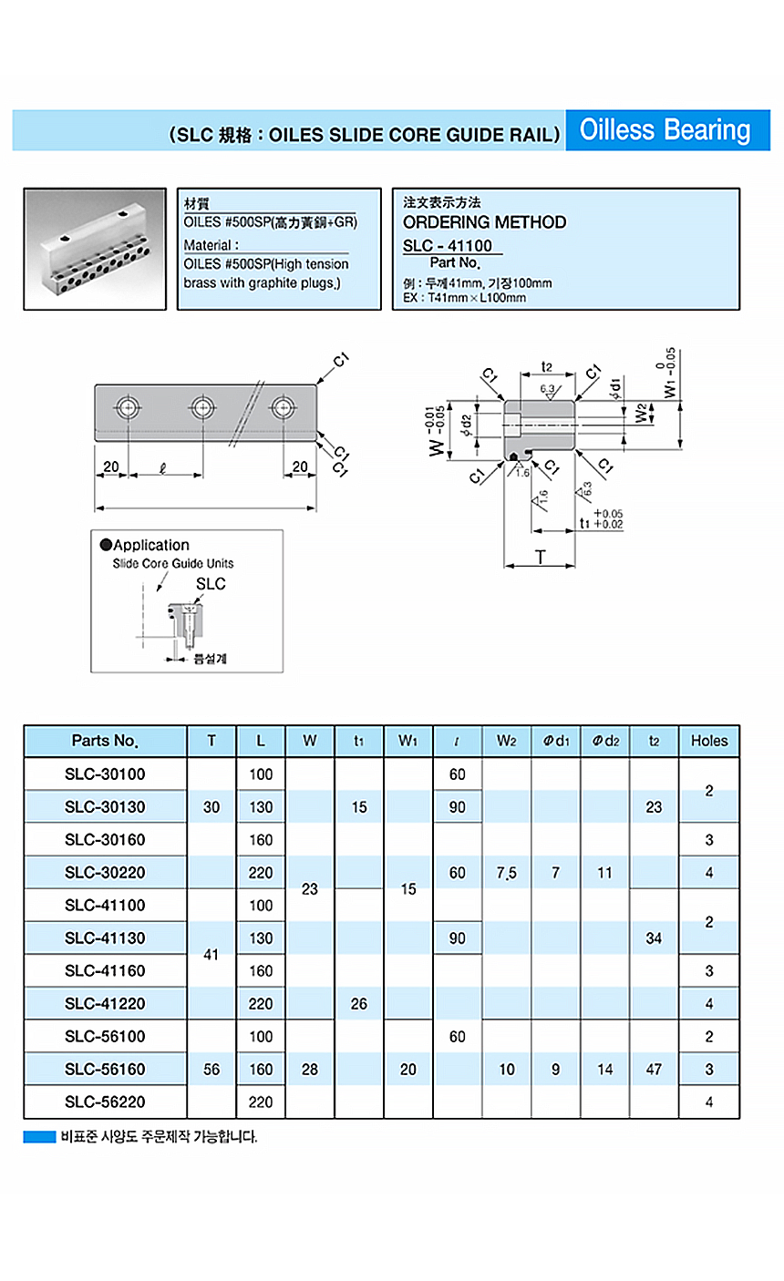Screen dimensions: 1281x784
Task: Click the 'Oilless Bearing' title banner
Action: click(665, 131)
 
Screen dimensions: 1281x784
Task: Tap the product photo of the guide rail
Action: click(95, 249)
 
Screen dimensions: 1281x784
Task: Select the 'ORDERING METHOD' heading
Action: click(484, 222)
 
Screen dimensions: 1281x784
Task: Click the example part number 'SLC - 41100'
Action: click(448, 245)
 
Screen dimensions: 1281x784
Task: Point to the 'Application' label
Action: click(150, 545)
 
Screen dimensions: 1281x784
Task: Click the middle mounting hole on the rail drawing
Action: click(201, 406)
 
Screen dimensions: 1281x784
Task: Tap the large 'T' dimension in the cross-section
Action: click(541, 557)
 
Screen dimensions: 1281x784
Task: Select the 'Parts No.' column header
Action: click(105, 741)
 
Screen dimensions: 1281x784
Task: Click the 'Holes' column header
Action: click(709, 741)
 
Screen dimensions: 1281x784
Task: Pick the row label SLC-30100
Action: click(105, 774)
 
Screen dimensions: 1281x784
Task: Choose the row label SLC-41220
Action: click(105, 1004)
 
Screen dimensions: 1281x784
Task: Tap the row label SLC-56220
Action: click(105, 1102)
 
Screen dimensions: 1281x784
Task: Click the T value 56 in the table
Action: click(211, 1070)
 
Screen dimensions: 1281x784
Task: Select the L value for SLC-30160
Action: click(261, 840)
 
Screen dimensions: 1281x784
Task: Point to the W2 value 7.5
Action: click(507, 873)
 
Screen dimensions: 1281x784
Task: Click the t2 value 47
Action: click(654, 1070)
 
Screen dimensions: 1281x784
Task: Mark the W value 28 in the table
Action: click(310, 1070)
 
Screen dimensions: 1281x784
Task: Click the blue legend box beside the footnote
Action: click(39, 1137)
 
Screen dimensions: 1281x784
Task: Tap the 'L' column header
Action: click(261, 741)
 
